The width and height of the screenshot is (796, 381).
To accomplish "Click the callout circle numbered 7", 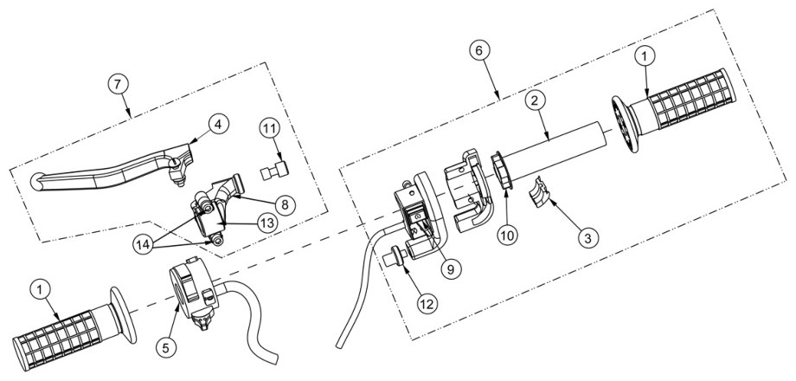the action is (118, 85).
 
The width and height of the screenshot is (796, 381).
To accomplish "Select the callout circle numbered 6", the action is (479, 50).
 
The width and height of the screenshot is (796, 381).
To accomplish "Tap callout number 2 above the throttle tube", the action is (534, 101).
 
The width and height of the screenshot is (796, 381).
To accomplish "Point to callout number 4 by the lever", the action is (218, 125).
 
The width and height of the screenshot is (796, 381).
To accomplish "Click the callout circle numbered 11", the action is (271, 127).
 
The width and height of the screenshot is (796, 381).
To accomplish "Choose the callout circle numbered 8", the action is (285, 204).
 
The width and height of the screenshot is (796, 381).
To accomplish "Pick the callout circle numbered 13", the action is (267, 223).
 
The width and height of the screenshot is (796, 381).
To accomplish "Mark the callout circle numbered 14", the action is (144, 244).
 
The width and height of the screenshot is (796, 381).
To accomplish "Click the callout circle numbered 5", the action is (169, 347).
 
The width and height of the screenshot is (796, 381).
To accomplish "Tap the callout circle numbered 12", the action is (427, 304).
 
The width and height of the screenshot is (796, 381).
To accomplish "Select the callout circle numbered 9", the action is (451, 269).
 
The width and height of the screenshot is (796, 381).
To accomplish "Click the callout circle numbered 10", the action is (508, 236).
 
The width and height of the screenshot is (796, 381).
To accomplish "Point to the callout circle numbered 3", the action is (587, 238).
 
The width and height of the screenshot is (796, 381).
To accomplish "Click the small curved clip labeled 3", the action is (540, 191).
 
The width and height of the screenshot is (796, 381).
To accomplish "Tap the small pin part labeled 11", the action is (274, 171).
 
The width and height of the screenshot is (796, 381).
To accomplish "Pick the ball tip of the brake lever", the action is (37, 182).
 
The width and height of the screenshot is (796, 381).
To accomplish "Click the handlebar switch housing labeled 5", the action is (193, 289).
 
